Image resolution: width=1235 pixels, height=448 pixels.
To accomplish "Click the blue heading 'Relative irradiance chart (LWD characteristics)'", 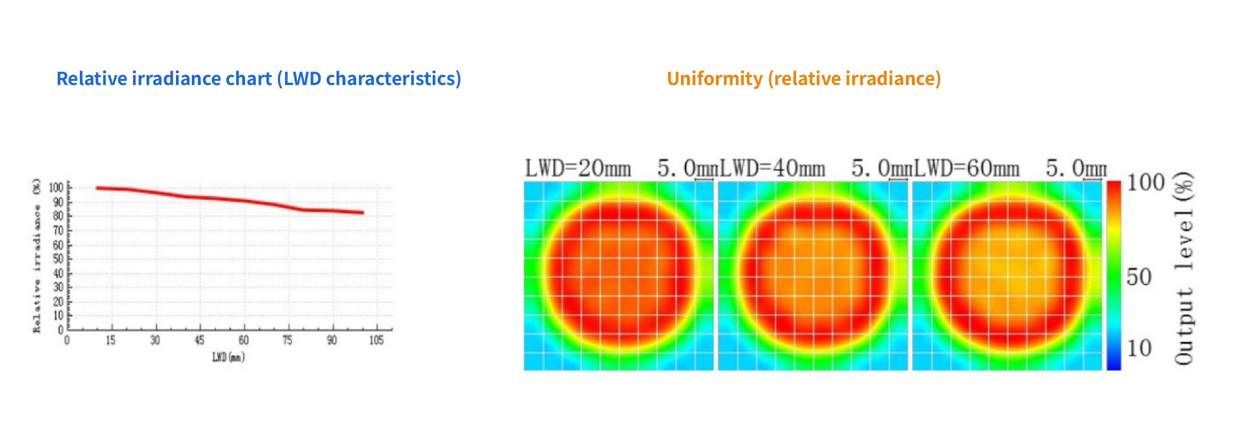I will (259, 78).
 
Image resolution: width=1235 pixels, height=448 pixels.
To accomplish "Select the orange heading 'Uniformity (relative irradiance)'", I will (804, 78).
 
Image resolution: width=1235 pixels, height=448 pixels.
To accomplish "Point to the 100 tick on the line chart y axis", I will (56, 187).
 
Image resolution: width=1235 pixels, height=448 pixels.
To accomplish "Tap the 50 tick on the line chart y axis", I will (58, 259).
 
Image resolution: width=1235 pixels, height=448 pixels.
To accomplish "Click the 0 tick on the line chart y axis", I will (60, 330).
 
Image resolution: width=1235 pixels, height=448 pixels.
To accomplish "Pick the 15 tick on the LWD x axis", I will (111, 341).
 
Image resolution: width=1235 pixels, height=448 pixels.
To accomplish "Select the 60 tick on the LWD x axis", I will (244, 341).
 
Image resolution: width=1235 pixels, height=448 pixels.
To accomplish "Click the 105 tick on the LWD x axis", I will (376, 341).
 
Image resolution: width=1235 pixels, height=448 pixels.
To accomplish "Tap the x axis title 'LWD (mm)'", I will (228, 357).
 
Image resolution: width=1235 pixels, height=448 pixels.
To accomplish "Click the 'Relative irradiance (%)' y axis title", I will (37, 256).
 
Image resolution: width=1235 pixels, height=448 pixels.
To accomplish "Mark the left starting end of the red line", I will (98, 188).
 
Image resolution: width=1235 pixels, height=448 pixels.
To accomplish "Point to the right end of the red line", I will (363, 213).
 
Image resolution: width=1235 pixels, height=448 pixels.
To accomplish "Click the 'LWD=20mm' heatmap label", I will (578, 169).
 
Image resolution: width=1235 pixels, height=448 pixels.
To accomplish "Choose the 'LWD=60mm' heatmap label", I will (967, 169).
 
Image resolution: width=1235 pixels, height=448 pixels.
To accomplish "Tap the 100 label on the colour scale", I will (1145, 183).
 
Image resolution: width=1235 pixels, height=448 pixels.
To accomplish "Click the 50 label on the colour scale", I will (1139, 277).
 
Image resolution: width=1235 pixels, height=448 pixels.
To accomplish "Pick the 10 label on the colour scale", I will (1139, 348).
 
